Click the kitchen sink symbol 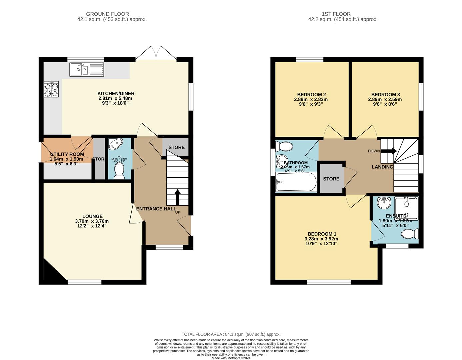[87, 69]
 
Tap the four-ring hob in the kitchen [51, 89]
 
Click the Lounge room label [92, 216]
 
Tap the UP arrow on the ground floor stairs [177, 197]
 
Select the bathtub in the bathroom [296, 182]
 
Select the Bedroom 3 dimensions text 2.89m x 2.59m [385, 99]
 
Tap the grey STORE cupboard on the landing [331, 179]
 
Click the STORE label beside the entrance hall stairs [176, 147]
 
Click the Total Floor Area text [231, 334]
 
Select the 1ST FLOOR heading [336, 14]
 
